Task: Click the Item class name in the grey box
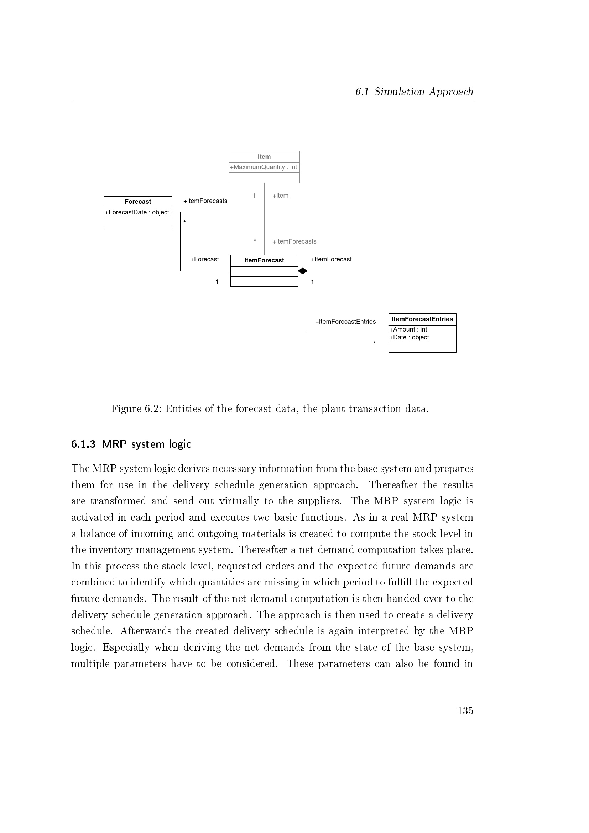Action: pos(264,157)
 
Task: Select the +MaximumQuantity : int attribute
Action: pos(264,167)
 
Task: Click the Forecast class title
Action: pos(138,202)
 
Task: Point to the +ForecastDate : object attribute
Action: pos(137,212)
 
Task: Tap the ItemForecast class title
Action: pos(264,260)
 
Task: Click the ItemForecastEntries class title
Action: pos(422,319)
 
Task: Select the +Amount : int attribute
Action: pos(408,329)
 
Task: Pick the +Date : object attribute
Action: pos(409,337)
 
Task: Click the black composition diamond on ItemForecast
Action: pos(303,271)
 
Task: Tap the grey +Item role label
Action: pos(280,196)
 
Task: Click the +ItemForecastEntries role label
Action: pos(345,322)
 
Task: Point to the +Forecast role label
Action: pos(204,259)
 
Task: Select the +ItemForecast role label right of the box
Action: pos(331,259)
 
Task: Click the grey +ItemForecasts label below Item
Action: pos(294,241)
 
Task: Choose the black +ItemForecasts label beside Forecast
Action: pos(205,201)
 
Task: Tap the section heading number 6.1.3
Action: pos(83,444)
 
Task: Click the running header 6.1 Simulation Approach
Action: pos(414,92)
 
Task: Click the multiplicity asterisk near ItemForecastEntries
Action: pos(375,343)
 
